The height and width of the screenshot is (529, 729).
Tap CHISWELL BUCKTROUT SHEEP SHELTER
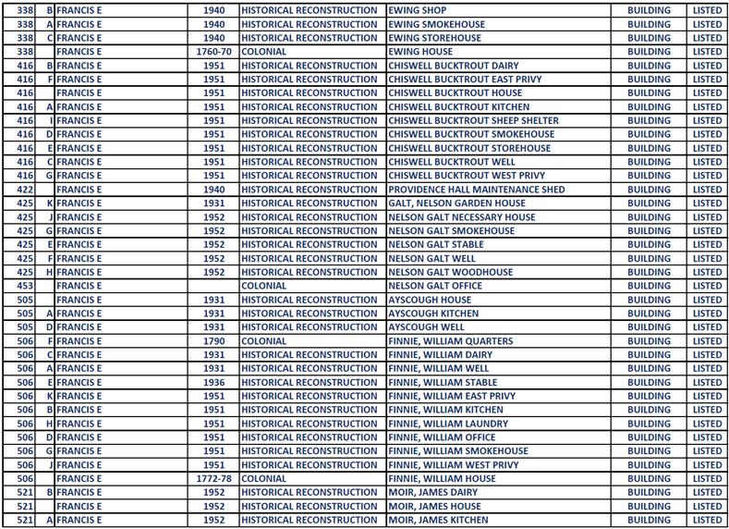(473, 120)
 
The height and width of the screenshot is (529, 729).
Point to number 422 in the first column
(25, 190)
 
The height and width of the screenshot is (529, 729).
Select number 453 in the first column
(25, 286)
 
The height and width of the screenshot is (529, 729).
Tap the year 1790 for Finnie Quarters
(213, 341)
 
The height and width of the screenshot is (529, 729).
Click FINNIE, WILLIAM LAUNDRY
(448, 424)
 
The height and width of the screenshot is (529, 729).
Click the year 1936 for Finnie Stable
(213, 382)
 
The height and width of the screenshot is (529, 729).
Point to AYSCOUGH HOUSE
(430, 300)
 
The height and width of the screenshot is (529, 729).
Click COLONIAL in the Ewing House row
(264, 52)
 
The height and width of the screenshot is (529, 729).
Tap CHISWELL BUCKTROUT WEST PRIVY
(467, 176)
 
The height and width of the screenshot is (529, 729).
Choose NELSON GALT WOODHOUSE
(450, 272)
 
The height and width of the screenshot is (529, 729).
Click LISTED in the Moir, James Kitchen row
(707, 521)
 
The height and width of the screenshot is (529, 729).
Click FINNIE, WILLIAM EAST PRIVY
(452, 396)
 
